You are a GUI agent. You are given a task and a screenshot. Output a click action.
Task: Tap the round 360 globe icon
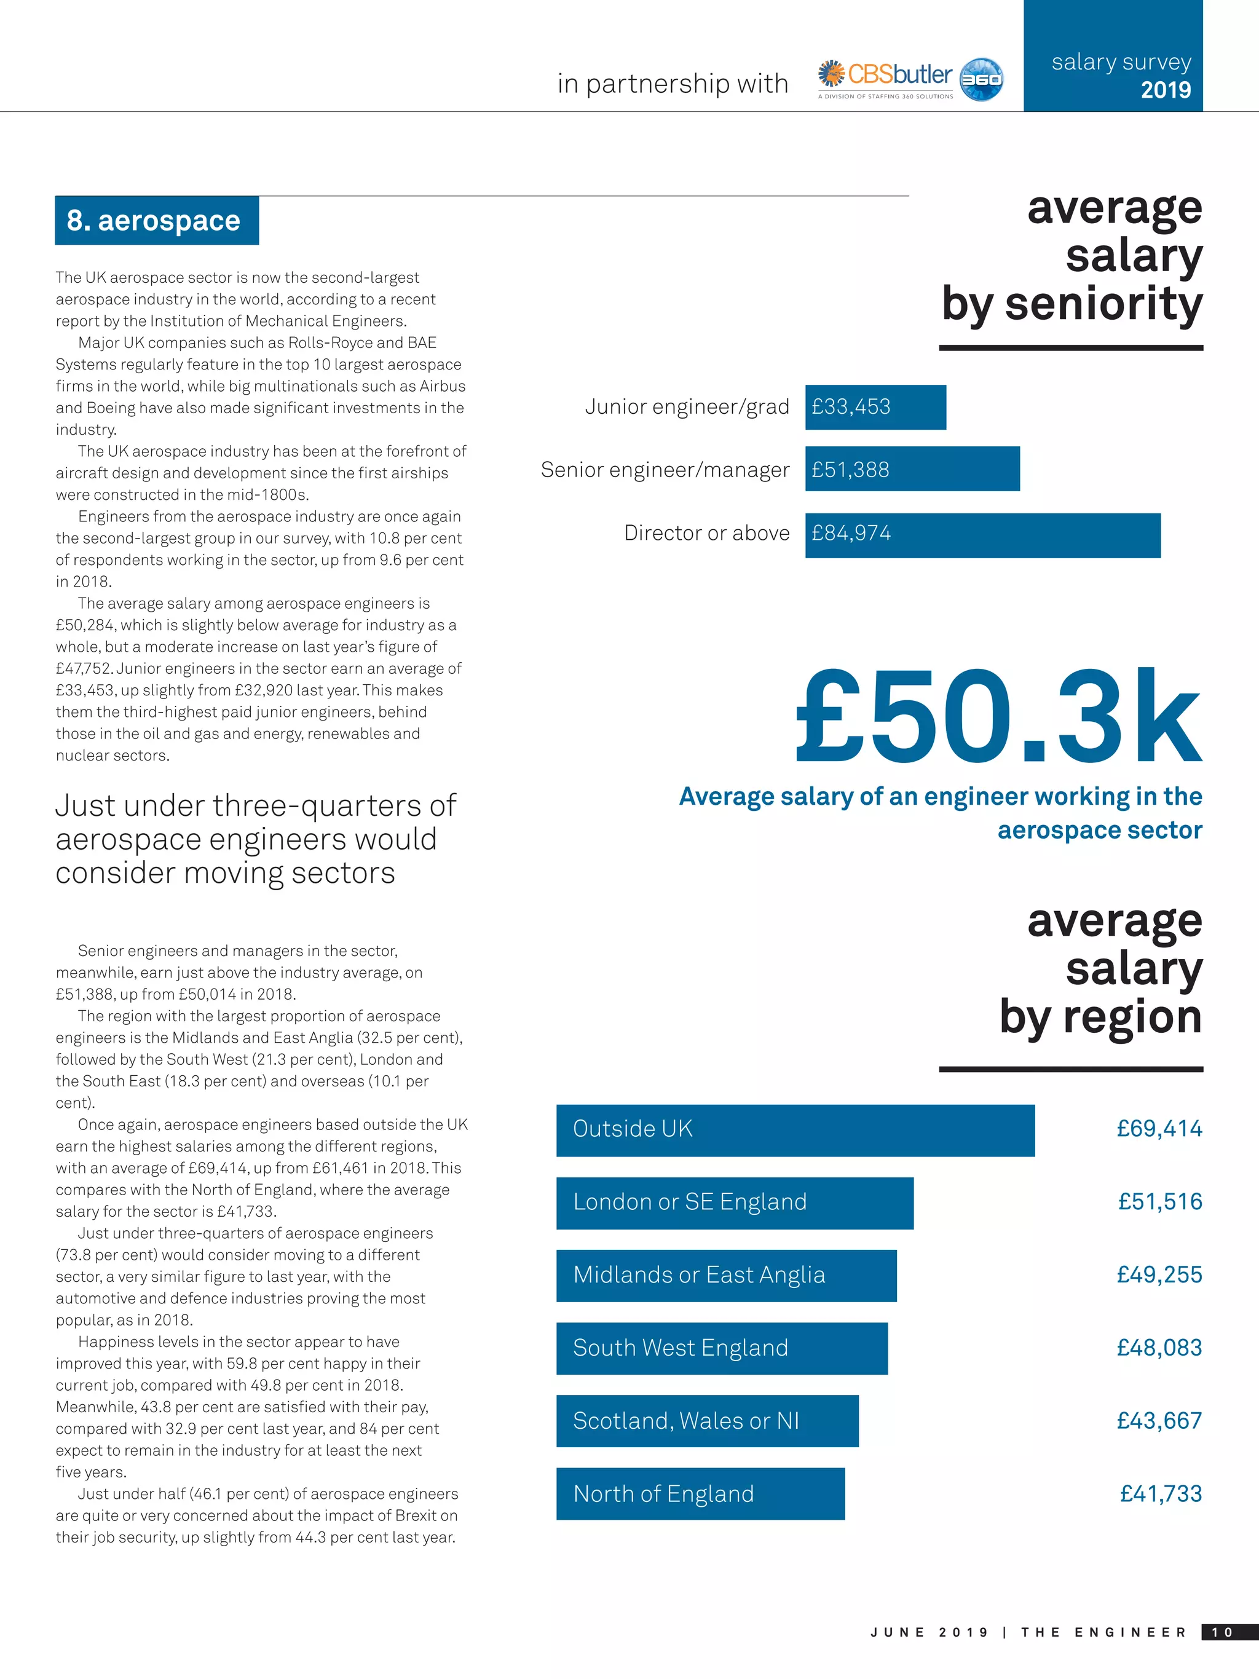coord(981,79)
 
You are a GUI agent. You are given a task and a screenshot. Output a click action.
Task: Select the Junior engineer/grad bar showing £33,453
coord(875,407)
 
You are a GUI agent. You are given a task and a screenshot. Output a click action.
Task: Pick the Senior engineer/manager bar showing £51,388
coord(912,469)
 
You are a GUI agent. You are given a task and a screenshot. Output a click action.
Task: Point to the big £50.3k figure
coord(997,717)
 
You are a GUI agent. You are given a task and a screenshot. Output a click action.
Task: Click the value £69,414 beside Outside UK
coord(1159,1129)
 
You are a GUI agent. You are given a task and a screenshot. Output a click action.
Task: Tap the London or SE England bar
coord(734,1203)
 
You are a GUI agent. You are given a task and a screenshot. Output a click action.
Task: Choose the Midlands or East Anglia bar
coord(725,1276)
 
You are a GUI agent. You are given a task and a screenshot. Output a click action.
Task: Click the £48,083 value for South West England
coord(1159,1348)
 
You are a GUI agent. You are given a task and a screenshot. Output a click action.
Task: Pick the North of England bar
coord(700,1494)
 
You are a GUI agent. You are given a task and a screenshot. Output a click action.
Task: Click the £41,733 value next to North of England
coord(1161,1494)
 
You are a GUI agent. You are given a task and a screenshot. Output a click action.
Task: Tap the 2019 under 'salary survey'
coord(1166,90)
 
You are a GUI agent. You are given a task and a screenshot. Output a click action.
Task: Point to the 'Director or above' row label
coord(706,534)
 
